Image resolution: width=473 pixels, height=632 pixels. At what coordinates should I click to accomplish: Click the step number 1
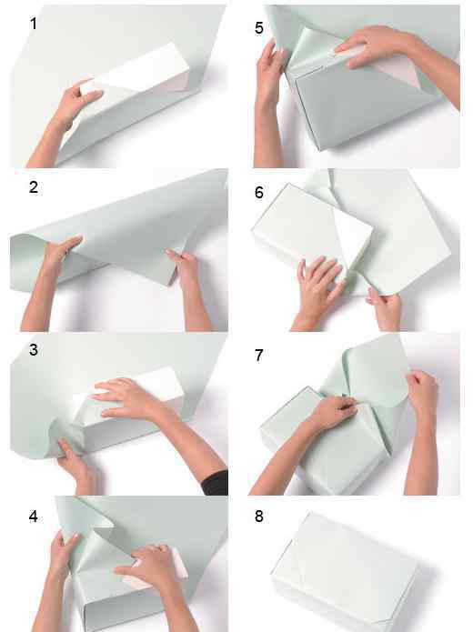34,24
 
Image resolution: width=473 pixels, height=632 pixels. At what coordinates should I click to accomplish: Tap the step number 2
34,187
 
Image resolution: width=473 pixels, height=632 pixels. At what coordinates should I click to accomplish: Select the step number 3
34,350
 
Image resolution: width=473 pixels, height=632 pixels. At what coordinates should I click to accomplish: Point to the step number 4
34,517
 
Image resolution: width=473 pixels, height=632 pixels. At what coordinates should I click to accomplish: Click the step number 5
259,28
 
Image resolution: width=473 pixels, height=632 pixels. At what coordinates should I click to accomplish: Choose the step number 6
259,192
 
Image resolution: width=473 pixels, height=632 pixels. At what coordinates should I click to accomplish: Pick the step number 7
259,355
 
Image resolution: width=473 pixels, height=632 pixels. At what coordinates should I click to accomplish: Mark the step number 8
259,517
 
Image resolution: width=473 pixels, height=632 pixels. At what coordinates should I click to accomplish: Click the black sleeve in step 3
216,483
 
